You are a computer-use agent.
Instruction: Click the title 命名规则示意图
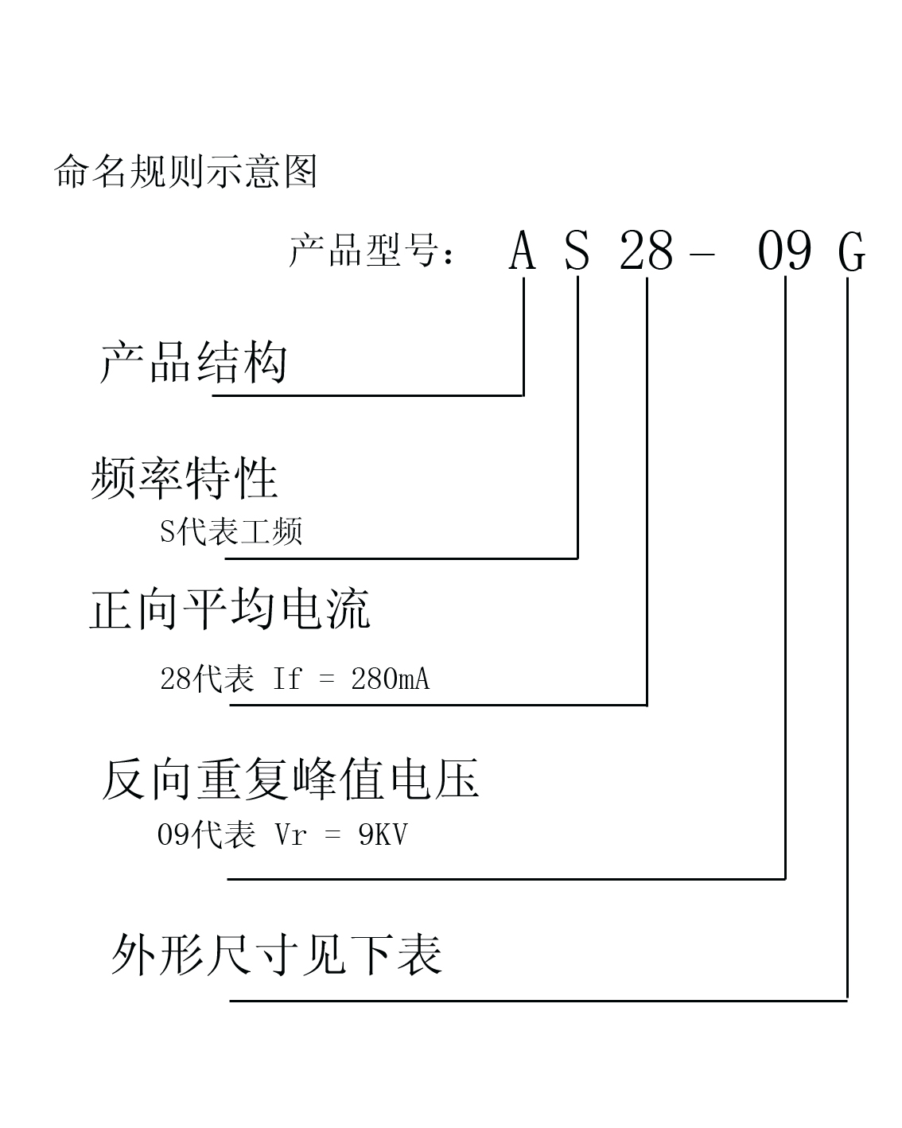point(185,171)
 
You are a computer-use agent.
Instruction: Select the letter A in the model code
point(523,251)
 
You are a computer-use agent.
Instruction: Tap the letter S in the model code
point(577,251)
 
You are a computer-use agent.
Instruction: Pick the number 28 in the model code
point(646,251)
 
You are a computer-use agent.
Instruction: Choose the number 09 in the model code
point(784,251)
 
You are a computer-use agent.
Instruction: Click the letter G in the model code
point(852,251)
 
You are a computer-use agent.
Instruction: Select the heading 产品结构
point(193,362)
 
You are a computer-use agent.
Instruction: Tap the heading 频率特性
point(184,477)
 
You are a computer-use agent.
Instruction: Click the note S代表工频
point(231,531)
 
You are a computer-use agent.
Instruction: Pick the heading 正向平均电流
point(231,609)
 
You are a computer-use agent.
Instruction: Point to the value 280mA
point(391,679)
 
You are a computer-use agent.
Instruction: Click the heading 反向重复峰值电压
point(290,778)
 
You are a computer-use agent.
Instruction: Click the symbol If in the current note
point(287,679)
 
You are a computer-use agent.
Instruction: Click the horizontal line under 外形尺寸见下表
point(538,1001)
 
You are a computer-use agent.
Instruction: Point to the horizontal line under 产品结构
point(368,395)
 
